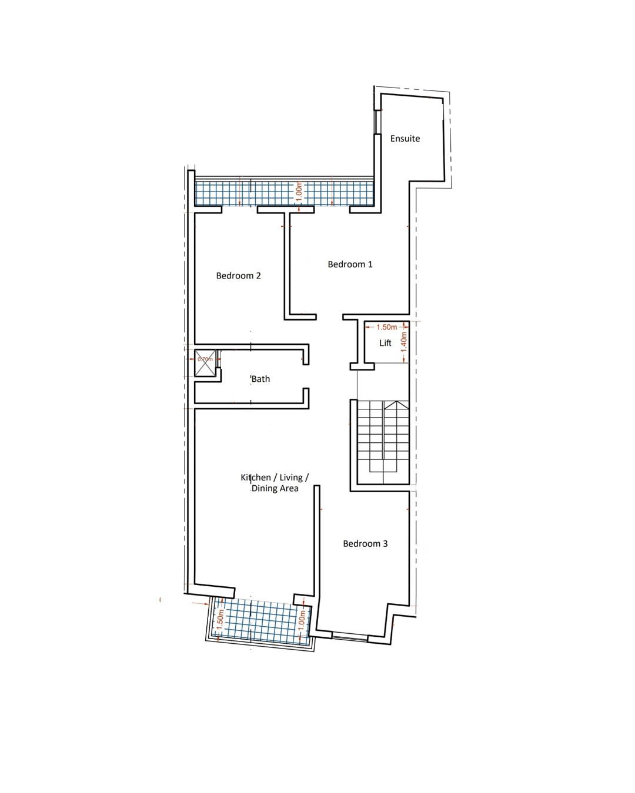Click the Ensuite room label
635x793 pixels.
pos(405,139)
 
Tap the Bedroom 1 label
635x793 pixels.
pos(350,264)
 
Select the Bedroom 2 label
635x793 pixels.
pos(238,275)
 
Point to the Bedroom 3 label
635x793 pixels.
pos(365,543)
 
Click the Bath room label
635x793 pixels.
pos(260,379)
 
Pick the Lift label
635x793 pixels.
pos(385,343)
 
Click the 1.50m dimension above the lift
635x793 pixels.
pos(386,327)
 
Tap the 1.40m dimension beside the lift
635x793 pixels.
pos(404,342)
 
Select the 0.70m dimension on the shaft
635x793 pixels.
pos(205,359)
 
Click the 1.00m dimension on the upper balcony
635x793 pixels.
pos(299,191)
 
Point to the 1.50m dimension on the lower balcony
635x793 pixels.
pos(219,620)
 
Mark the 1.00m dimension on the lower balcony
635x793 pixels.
pos(302,620)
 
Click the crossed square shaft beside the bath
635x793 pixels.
pos(205,364)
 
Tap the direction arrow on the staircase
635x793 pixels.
pos(396,405)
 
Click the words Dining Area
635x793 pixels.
pos(275,489)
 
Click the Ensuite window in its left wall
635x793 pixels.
pos(376,122)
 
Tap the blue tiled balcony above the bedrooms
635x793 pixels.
pos(284,193)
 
